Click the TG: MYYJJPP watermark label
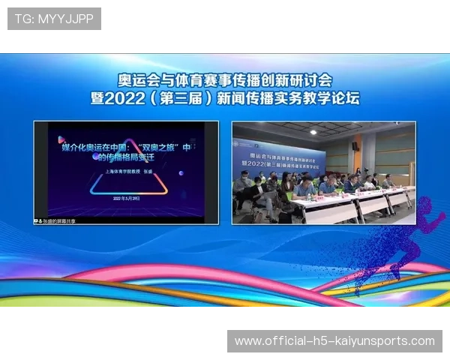pos(54,19)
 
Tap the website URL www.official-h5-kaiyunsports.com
pos(334,341)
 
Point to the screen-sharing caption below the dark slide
pos(56,221)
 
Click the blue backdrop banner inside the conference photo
pos(279,157)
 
